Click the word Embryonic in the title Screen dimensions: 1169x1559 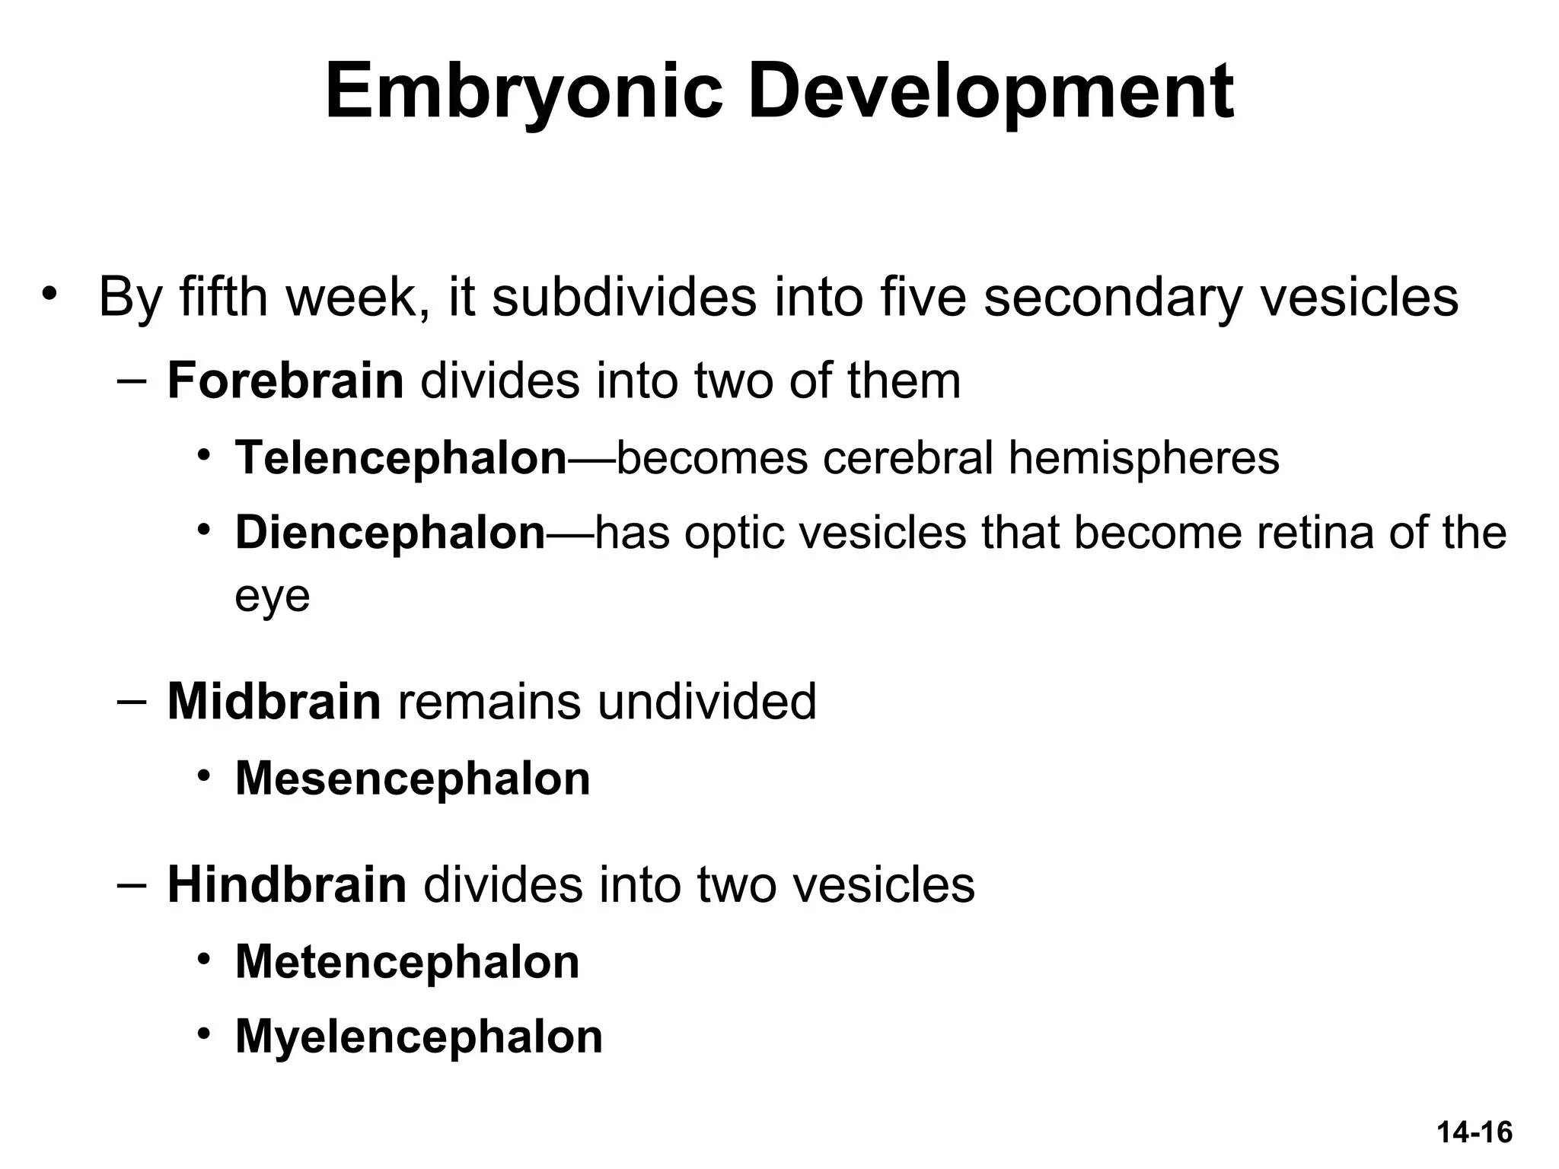(x=524, y=93)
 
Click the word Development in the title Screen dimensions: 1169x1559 (x=990, y=93)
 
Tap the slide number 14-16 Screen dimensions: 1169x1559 (x=1475, y=1132)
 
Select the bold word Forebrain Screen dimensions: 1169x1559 (x=285, y=381)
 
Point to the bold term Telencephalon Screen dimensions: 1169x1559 (x=401, y=457)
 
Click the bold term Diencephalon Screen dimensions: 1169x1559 (x=391, y=532)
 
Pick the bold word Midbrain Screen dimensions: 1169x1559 (x=274, y=701)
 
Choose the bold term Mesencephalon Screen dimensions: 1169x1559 (x=413, y=779)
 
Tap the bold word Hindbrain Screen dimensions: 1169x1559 (x=287, y=884)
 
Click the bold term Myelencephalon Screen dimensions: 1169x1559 (x=419, y=1036)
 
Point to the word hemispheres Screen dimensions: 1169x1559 (x=1143, y=457)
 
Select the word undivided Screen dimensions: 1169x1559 (x=706, y=701)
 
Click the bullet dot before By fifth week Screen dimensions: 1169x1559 (x=50, y=294)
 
